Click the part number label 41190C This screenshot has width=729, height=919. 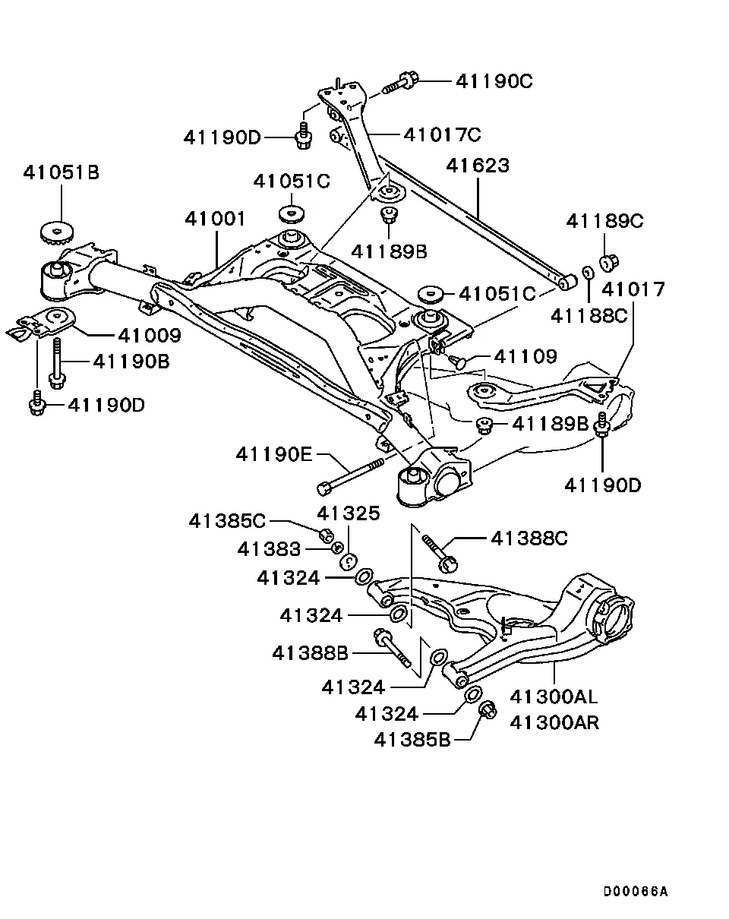click(x=494, y=81)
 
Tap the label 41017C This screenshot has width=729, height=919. click(x=442, y=135)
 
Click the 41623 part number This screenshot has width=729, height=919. click(x=478, y=166)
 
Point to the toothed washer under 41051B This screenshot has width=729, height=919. click(x=57, y=233)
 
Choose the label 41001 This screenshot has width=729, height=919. click(x=215, y=219)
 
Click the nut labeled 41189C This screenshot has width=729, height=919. click(x=610, y=262)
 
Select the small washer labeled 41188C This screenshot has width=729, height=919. click(x=589, y=271)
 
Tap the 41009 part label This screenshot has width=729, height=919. click(x=150, y=336)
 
